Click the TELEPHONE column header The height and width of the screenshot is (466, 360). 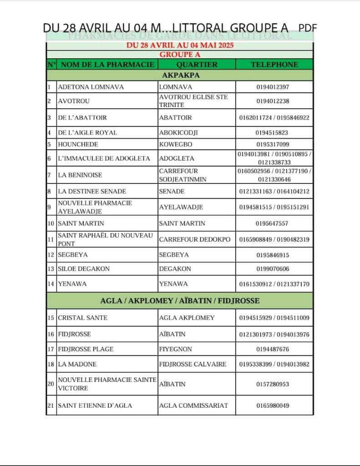(274, 65)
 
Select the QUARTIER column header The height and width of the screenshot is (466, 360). (197, 65)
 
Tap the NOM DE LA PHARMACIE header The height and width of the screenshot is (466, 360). (107, 65)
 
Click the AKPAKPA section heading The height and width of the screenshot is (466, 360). (181, 75)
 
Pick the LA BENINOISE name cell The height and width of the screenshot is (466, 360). (80, 175)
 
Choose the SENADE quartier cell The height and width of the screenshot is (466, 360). (172, 192)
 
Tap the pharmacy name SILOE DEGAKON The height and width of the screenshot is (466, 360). (84, 269)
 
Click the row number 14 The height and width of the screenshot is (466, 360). (51, 284)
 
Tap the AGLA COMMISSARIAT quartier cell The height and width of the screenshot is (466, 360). (193, 405)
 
